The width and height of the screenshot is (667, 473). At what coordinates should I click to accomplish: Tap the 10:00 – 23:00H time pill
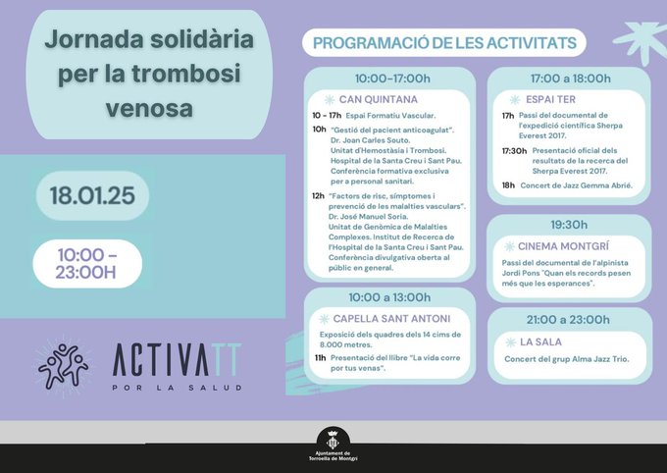pyautogui.click(x=87, y=263)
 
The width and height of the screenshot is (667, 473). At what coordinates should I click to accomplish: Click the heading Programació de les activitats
pyautogui.click(x=444, y=44)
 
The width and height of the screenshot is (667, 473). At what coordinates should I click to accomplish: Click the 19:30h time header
pyautogui.click(x=569, y=225)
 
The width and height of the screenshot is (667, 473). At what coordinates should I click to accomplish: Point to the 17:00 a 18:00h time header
pyautogui.click(x=570, y=79)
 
